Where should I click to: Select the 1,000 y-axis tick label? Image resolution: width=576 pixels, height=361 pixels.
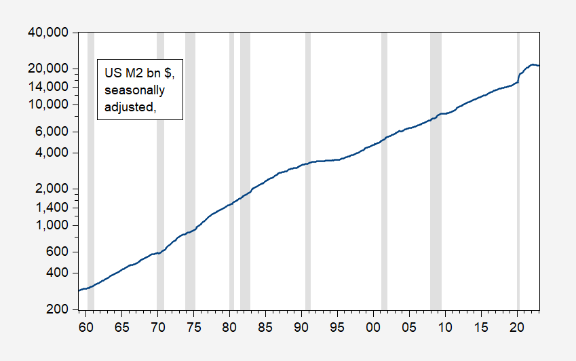click(55, 225)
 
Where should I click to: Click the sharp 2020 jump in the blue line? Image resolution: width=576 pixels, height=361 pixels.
click(519, 77)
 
